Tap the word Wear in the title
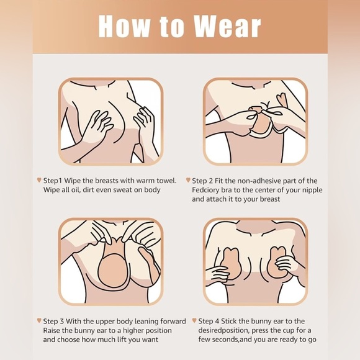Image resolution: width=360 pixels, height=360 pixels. click(x=227, y=26)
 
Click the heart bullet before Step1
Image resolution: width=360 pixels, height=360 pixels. click(x=39, y=180)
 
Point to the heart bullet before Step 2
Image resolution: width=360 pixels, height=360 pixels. click(x=194, y=181)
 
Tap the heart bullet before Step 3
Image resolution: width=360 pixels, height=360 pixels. click(x=39, y=321)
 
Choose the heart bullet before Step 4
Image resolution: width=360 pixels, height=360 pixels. click(x=194, y=321)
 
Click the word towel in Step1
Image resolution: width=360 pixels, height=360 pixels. click(x=163, y=181)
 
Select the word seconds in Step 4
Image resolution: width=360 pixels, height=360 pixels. click(x=222, y=340)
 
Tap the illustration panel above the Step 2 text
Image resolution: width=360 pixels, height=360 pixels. click(x=256, y=121)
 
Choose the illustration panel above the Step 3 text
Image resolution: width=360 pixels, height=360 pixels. click(x=110, y=261)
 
